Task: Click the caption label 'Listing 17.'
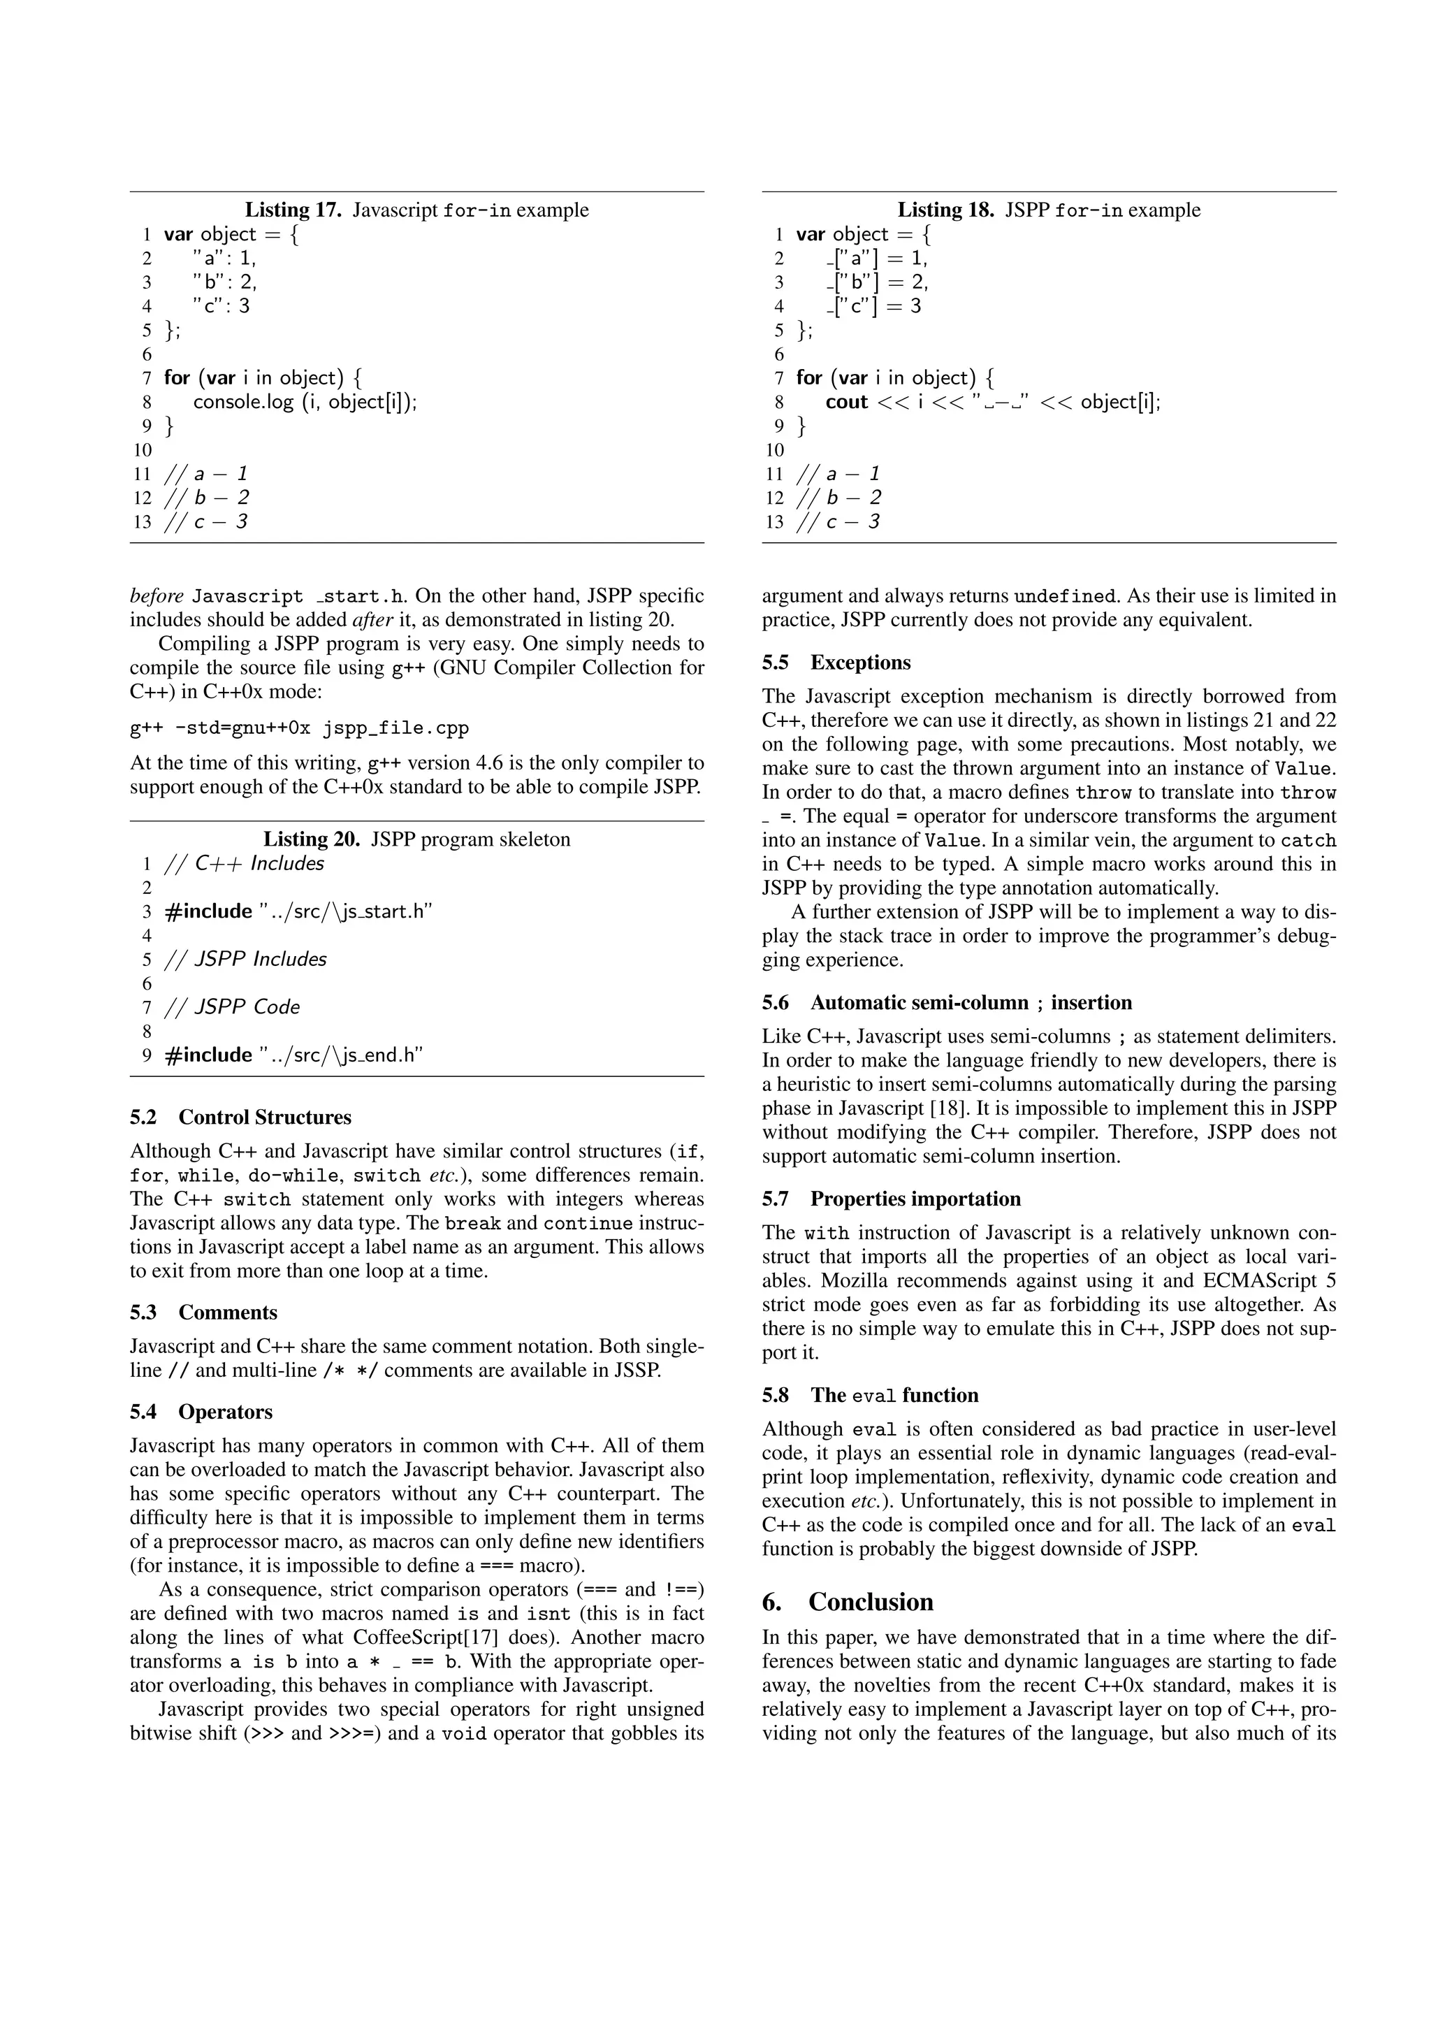pyautogui.click(x=293, y=210)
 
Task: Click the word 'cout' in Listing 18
pyautogui.click(x=847, y=402)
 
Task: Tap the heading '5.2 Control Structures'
pyautogui.click(x=240, y=1117)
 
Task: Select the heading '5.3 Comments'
pyautogui.click(x=203, y=1312)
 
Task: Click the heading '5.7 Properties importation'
pyautogui.click(x=891, y=1198)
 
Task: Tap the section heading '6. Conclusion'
pyautogui.click(x=848, y=1602)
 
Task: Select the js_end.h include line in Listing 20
pyautogui.click(x=294, y=1055)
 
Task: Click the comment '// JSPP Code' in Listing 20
pyautogui.click(x=233, y=1006)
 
